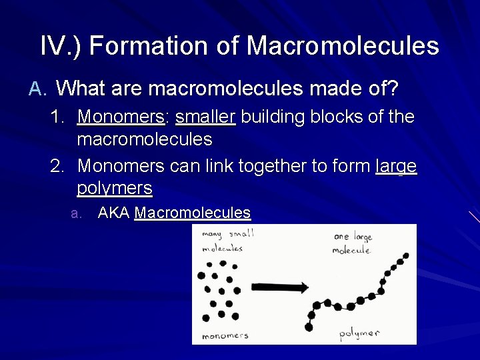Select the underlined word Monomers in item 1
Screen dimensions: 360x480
[x=121, y=117]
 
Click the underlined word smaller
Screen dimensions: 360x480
[x=205, y=117]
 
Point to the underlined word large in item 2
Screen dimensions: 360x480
[x=396, y=165]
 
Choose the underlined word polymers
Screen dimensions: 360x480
[x=115, y=188]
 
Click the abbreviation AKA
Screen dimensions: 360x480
[x=113, y=213]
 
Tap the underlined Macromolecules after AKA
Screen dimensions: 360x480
[x=193, y=213]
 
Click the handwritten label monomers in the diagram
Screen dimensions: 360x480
[x=225, y=335]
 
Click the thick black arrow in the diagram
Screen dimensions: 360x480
[x=279, y=288]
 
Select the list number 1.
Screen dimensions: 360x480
[x=58, y=117]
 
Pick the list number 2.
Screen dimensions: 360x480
[x=58, y=165]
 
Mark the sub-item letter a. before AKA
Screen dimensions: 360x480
[x=77, y=214]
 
